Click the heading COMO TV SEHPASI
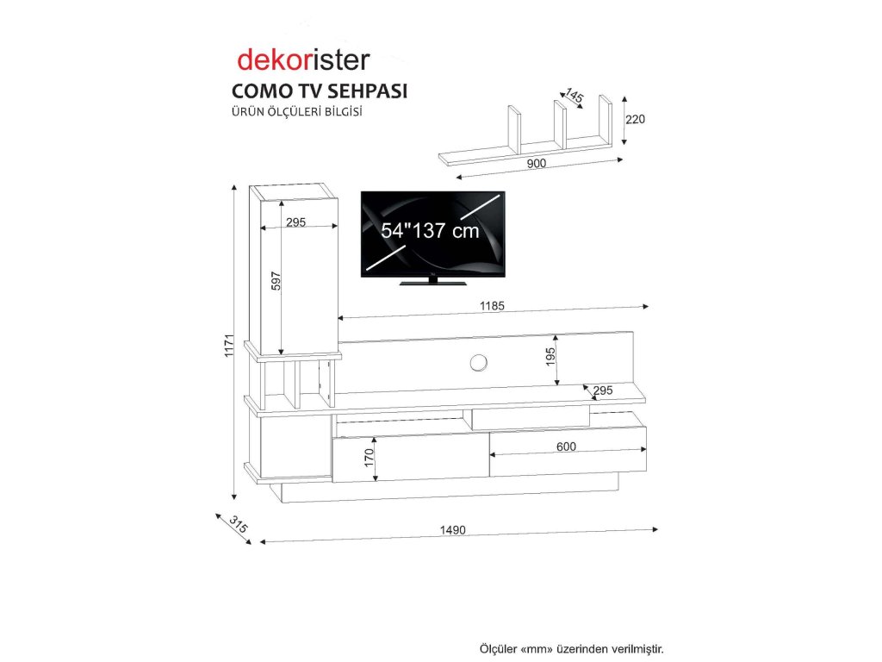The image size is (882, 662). (319, 91)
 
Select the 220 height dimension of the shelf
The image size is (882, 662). (635, 119)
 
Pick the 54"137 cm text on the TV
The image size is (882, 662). (430, 231)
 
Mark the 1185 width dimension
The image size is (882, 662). (492, 305)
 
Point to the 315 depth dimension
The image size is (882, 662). (238, 524)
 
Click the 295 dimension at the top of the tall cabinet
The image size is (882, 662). (295, 222)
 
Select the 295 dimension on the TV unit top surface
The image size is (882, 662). (602, 390)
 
